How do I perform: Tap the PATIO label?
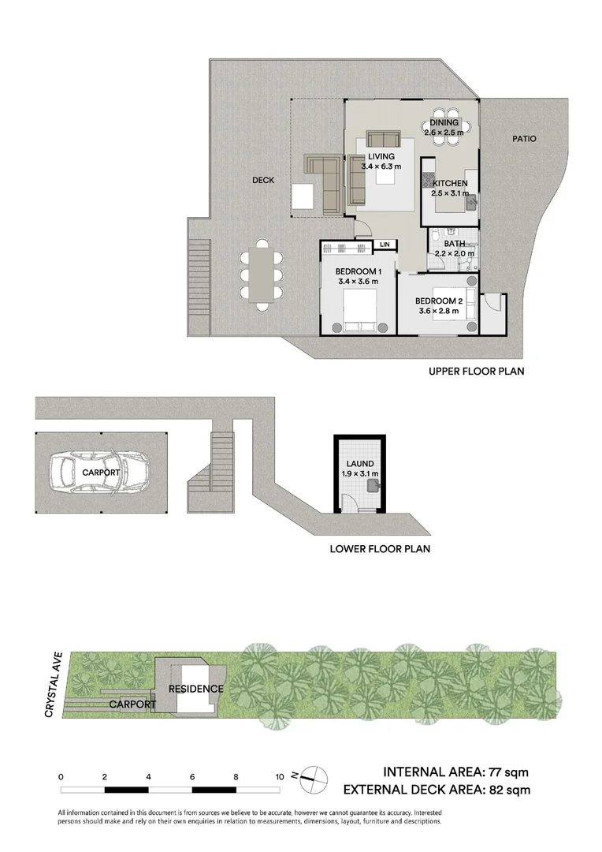pos(524,139)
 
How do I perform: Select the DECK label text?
pos(263,180)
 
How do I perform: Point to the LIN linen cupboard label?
pos(385,245)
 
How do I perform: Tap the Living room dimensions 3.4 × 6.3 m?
pos(381,167)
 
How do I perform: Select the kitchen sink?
pos(470,203)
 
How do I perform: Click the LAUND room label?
pos(358,464)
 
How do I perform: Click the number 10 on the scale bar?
pos(279,777)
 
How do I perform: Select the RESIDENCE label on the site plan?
pos(197,689)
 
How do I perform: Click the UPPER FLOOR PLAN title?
pos(476,371)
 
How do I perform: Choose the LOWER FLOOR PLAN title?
pos(380,549)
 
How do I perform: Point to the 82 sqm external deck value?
pos(509,789)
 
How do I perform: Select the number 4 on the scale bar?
pos(148,777)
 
